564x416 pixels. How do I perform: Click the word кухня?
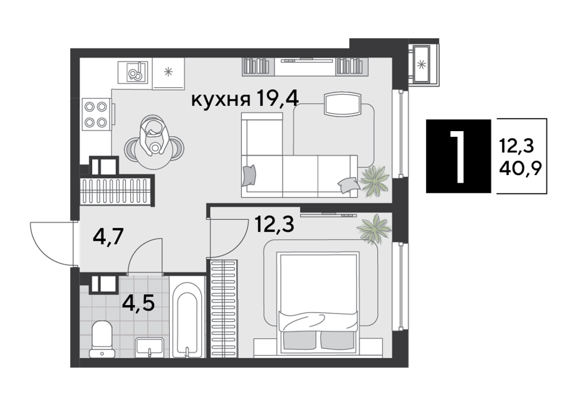(220, 99)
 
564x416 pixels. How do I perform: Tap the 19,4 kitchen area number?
(277, 99)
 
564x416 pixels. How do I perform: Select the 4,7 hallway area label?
(108, 237)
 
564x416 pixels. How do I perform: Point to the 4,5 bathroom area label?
(138, 303)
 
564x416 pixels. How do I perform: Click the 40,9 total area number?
(520, 167)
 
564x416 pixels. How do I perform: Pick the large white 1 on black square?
(458, 156)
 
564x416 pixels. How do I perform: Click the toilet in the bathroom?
(102, 339)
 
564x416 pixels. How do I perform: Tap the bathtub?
(187, 319)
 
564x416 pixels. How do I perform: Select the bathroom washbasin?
(149, 347)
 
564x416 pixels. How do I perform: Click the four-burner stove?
(96, 114)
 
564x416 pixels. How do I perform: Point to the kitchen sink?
(133, 72)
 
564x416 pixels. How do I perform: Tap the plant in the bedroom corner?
(374, 229)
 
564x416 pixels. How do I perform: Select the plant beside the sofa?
(375, 181)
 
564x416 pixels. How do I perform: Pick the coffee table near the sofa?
(342, 104)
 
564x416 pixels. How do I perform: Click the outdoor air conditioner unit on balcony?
(421, 64)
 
